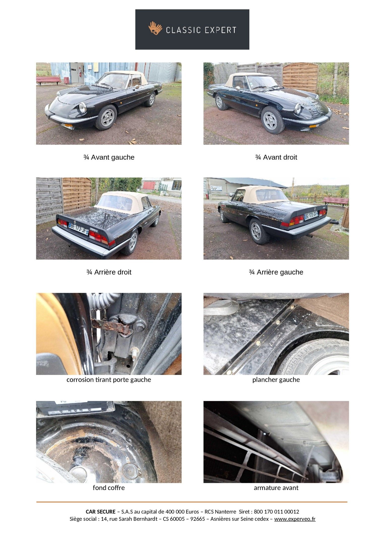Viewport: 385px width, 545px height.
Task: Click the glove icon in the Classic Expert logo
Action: click(155, 28)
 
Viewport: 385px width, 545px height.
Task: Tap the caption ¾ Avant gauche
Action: click(109, 157)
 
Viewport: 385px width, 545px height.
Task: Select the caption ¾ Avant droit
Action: click(276, 157)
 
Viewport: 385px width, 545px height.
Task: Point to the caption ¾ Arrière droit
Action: click(109, 272)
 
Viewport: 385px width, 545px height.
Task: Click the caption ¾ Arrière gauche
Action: click(276, 272)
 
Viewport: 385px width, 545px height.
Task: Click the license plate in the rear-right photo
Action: click(78, 229)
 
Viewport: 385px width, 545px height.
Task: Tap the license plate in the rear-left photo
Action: click(311, 216)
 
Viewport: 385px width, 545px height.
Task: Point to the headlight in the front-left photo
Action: click(82, 108)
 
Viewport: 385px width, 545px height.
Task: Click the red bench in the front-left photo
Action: click(48, 80)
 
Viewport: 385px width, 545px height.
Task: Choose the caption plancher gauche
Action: click(276, 380)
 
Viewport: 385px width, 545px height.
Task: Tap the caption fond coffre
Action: click(109, 488)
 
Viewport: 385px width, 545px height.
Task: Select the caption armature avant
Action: click(276, 488)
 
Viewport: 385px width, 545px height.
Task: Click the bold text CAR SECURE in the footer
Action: click(101, 512)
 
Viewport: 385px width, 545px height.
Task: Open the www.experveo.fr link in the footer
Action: click(295, 519)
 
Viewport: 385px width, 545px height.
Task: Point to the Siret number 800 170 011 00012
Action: click(276, 512)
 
